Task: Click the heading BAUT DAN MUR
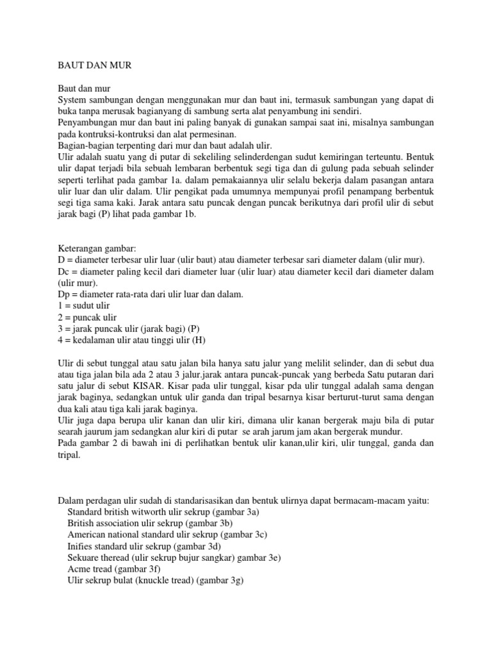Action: point(94,65)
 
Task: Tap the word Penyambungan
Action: point(88,123)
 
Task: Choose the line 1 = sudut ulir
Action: point(84,305)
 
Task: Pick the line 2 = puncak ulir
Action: point(88,317)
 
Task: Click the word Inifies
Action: point(81,547)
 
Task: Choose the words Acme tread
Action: point(91,570)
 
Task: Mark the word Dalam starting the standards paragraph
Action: point(72,501)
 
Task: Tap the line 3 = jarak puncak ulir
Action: point(122,328)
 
